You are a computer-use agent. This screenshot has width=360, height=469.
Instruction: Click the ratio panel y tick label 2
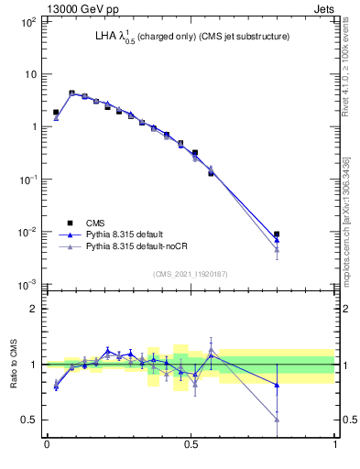[35, 309]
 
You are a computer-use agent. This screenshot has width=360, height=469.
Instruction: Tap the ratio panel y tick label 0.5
[30, 420]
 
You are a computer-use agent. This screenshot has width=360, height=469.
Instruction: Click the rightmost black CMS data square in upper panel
[277, 234]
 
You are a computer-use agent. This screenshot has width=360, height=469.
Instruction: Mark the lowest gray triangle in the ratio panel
[277, 420]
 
